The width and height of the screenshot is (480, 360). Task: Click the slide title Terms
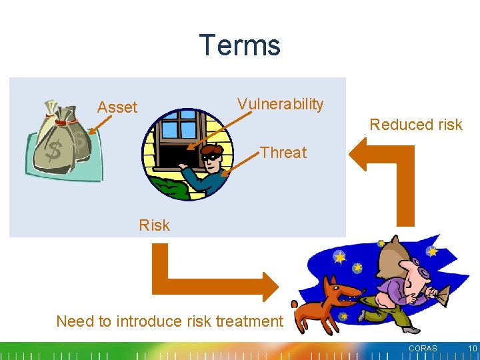coord(240,45)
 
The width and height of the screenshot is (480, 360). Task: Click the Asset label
coord(117,107)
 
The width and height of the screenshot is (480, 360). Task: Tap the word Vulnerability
coord(280,104)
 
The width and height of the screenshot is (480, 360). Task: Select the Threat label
coord(283,153)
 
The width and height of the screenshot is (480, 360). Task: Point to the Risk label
coord(154,225)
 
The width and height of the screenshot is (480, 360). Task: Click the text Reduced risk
coord(415,125)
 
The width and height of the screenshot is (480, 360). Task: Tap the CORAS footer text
coord(423,349)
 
